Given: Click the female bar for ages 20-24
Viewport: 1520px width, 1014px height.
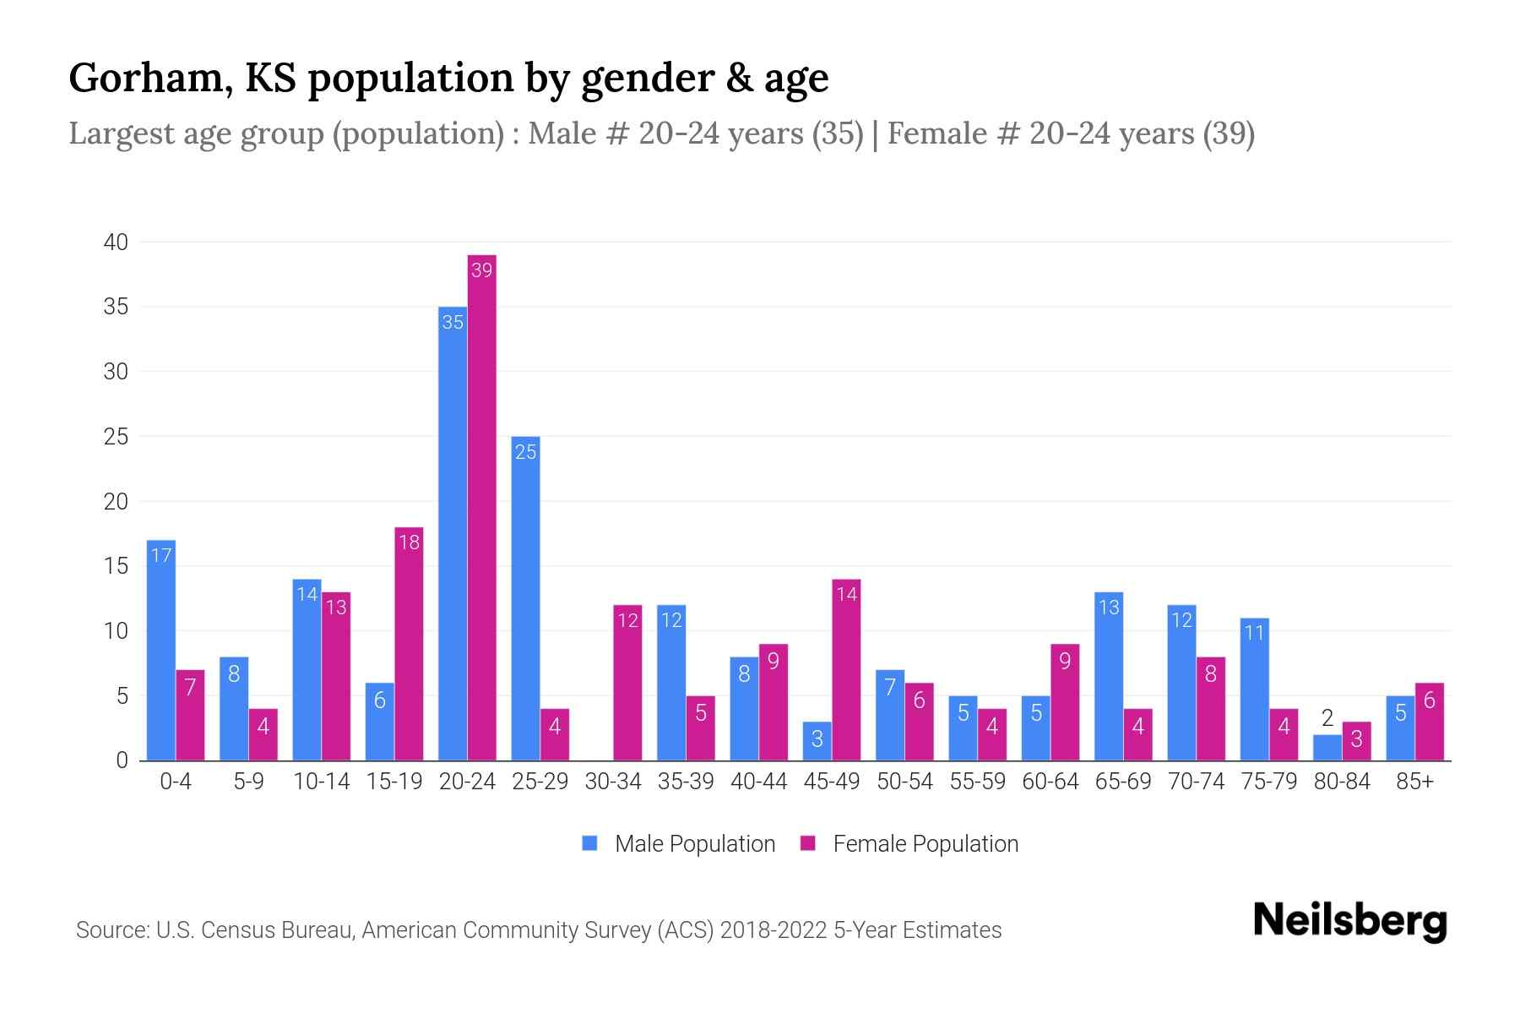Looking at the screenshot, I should [481, 507].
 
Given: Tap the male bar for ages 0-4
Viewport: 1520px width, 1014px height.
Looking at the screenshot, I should [160, 651].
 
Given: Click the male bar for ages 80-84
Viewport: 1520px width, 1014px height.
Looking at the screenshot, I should [1327, 748].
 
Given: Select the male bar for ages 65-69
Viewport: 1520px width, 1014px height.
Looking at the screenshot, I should [1108, 676].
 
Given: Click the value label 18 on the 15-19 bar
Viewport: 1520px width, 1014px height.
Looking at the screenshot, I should [409, 542].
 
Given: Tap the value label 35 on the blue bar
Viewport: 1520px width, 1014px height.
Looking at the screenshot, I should [453, 322].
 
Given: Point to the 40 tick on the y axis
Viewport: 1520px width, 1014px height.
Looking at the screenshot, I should [116, 243].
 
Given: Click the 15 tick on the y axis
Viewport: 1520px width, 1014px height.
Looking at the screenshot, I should [116, 566].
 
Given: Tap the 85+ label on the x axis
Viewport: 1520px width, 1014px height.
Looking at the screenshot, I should [1414, 782].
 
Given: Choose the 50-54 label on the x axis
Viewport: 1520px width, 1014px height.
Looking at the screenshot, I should [904, 782].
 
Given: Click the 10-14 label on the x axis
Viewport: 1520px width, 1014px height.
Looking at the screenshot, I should [321, 782].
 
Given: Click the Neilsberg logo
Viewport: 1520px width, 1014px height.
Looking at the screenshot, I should [1349, 921].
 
